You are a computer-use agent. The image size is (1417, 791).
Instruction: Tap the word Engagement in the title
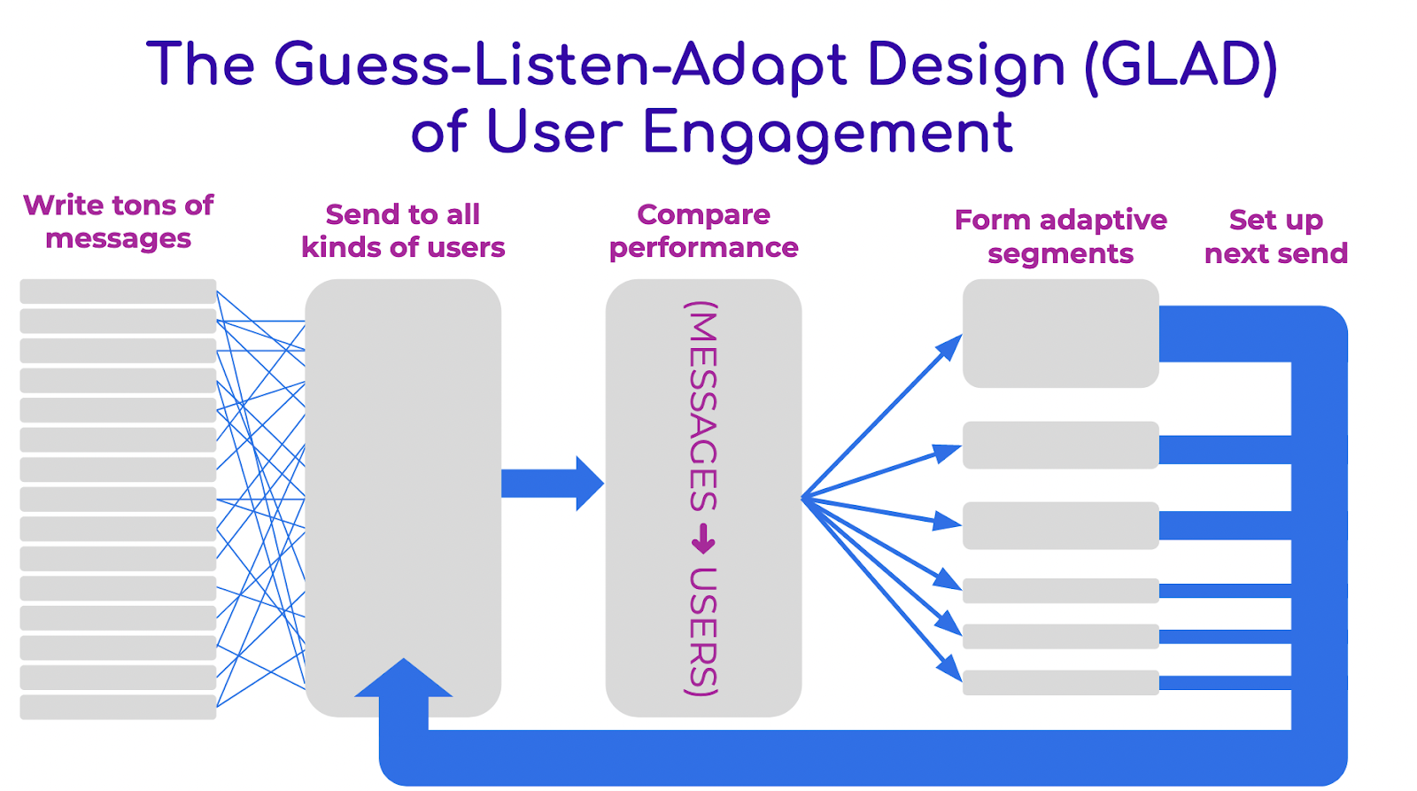click(x=827, y=133)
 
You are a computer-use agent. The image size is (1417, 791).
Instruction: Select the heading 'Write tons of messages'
click(x=118, y=221)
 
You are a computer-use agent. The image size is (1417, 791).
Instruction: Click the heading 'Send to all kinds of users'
click(x=403, y=230)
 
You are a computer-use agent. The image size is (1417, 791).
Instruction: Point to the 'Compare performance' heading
click(x=703, y=230)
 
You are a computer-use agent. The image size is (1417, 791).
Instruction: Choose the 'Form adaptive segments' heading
click(x=1060, y=237)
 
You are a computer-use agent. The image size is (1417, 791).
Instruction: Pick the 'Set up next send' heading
click(x=1275, y=237)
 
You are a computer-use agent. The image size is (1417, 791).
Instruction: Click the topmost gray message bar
click(x=118, y=291)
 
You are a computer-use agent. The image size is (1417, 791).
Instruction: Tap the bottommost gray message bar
click(x=118, y=707)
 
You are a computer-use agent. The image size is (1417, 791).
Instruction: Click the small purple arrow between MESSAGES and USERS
click(x=703, y=539)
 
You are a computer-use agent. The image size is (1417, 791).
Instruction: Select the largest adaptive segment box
click(x=1060, y=333)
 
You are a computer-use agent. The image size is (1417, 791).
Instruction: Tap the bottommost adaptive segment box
click(x=1060, y=682)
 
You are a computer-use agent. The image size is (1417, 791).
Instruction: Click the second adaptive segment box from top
click(x=1060, y=445)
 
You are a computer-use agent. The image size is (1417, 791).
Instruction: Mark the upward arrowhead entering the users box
click(x=404, y=678)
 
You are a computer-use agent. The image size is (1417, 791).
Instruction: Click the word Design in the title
click(x=966, y=66)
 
